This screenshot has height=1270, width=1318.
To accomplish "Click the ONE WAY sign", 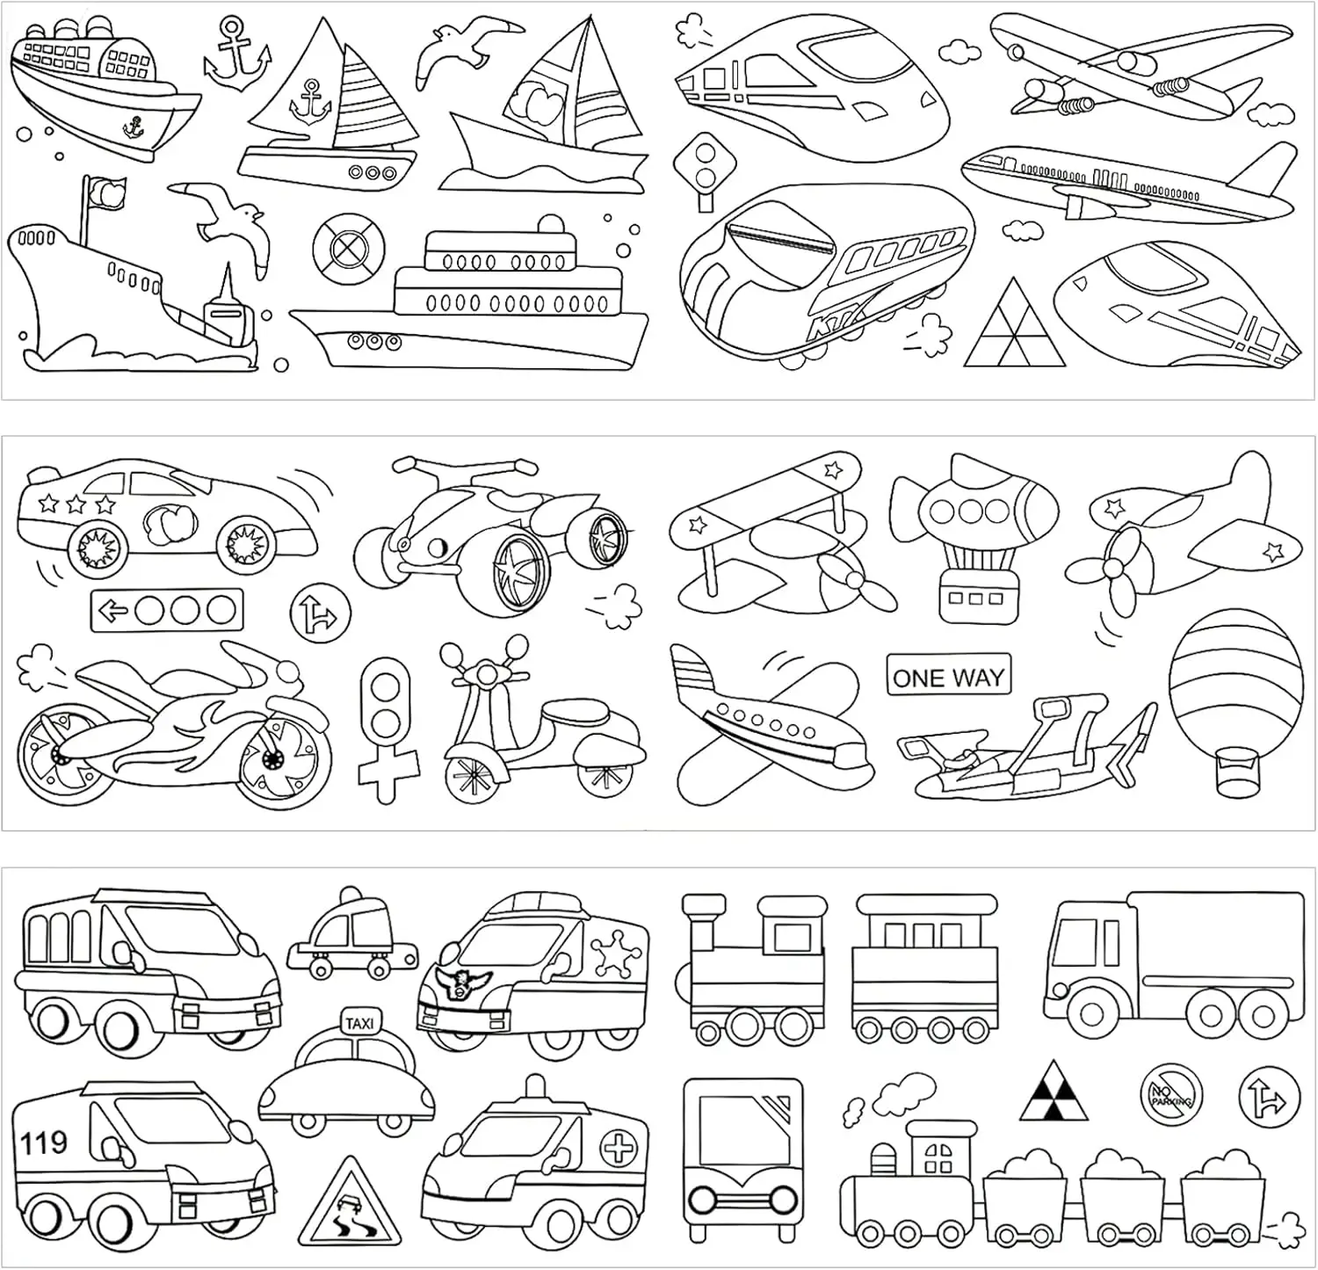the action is click(x=948, y=677).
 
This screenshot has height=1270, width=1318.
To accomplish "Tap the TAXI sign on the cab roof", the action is click(x=359, y=1023).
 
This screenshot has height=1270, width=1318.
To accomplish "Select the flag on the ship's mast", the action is click(x=107, y=193).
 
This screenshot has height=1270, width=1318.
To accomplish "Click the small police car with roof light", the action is click(x=351, y=937).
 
